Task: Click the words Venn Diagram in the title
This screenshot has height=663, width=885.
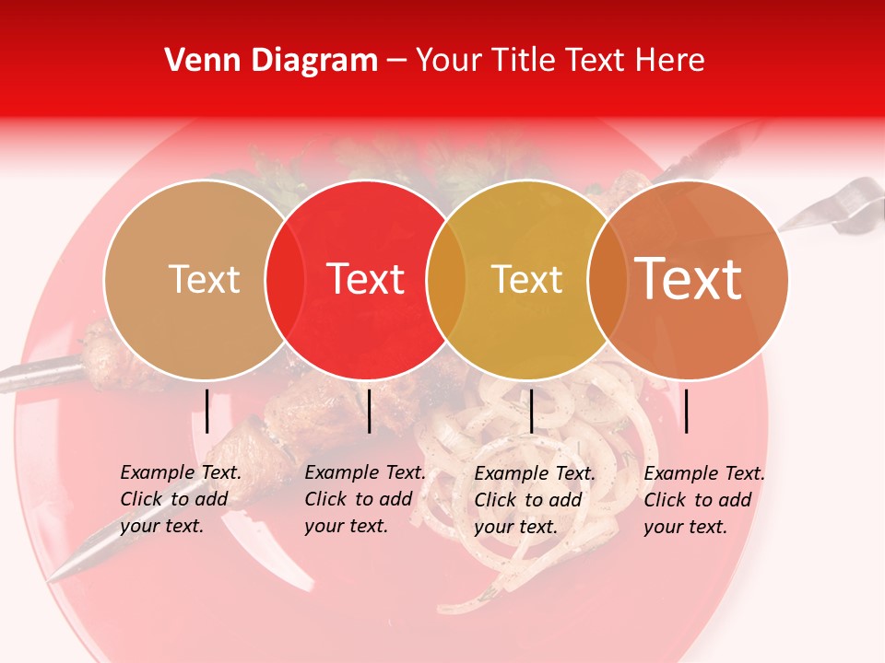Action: [271, 61]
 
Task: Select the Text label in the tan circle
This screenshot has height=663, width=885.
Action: [204, 279]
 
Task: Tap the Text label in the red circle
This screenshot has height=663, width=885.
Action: [366, 279]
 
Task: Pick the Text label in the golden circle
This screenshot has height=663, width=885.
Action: [526, 279]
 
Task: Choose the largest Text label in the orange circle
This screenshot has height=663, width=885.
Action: [689, 279]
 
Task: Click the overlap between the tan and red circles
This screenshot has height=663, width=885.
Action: [285, 279]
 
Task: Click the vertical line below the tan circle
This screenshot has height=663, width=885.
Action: [206, 411]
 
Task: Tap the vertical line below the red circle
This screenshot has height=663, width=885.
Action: [369, 411]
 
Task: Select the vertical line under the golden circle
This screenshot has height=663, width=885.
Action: [531, 411]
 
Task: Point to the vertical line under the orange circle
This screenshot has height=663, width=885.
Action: [686, 411]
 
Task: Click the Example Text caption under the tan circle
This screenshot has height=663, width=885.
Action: [181, 499]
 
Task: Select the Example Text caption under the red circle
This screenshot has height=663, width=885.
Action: [365, 499]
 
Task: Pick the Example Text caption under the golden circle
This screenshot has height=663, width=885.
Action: [535, 500]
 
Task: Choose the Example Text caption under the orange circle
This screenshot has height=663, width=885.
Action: [704, 500]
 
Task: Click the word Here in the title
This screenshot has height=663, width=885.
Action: [673, 61]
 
